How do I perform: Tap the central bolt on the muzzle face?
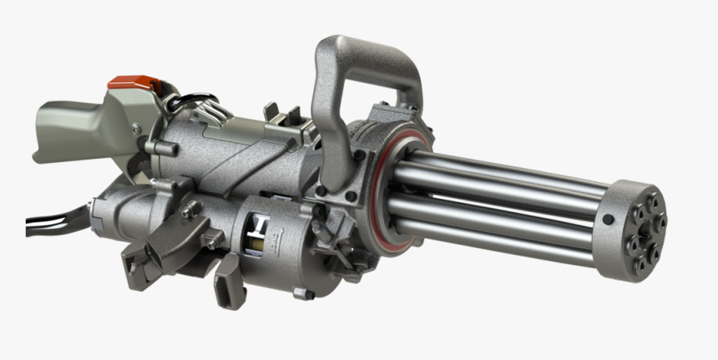click(645, 233)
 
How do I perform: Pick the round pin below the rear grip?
click(150, 148)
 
